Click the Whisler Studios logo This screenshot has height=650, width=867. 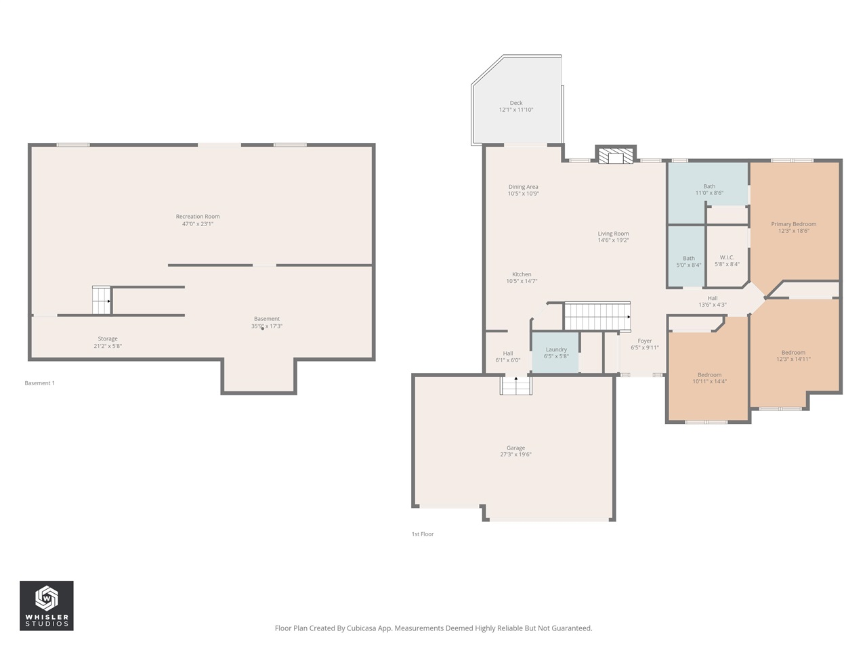(x=46, y=605)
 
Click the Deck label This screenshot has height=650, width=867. (x=516, y=103)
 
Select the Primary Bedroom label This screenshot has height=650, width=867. (x=793, y=224)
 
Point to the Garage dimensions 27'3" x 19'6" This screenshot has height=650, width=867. (x=515, y=455)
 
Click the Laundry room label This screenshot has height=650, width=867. (x=556, y=349)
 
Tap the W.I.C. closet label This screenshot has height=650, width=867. (x=727, y=257)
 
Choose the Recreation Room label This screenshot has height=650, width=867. (x=198, y=217)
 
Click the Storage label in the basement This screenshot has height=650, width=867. (x=108, y=339)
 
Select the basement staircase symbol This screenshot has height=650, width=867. (x=102, y=300)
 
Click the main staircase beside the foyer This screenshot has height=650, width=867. (x=597, y=316)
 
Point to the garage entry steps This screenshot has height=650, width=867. (x=516, y=385)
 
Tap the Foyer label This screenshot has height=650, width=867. (x=645, y=341)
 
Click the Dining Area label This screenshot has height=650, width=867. (x=523, y=187)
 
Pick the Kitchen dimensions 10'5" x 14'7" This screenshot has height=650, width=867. (x=522, y=282)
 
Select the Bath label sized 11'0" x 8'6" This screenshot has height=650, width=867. (x=709, y=186)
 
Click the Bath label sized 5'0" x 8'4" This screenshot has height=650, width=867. (x=688, y=258)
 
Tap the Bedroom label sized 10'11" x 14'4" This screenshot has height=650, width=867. (x=709, y=374)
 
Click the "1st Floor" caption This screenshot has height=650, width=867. (x=423, y=534)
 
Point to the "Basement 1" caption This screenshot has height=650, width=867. (x=40, y=383)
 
